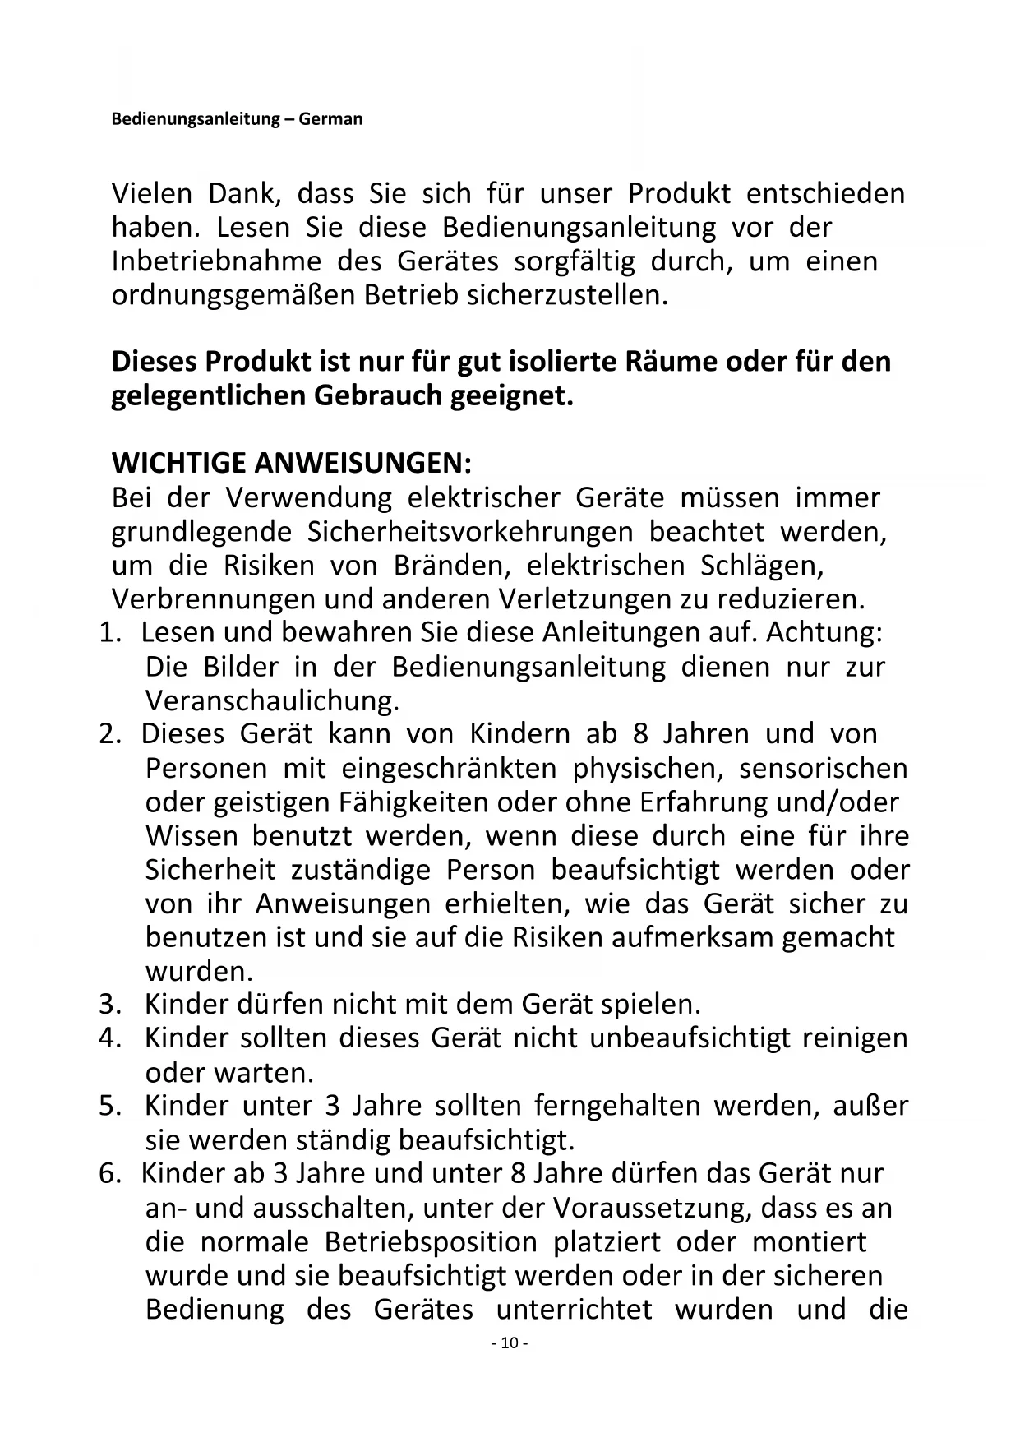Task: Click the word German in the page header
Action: (x=330, y=119)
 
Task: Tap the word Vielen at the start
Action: (x=152, y=194)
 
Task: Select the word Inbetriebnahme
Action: (x=216, y=261)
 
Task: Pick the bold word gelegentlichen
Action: (x=209, y=396)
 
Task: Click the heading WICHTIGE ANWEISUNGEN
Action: (x=292, y=464)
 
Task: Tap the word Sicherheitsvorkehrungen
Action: (x=470, y=532)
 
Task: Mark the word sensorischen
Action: (x=824, y=769)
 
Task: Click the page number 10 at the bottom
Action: (x=509, y=1343)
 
